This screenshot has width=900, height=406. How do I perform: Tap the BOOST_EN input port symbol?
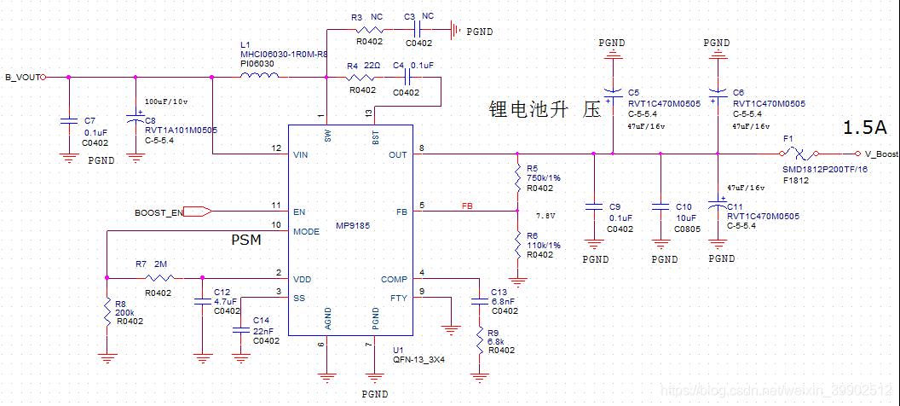[x=197, y=212]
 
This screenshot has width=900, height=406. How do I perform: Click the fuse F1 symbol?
[x=798, y=154]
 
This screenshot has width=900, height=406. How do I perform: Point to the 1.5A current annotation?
[x=864, y=128]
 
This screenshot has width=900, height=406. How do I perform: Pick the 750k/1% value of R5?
[x=543, y=178]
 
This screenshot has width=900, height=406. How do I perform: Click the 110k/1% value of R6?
[x=543, y=245]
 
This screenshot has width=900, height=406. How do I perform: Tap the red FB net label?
[x=467, y=206]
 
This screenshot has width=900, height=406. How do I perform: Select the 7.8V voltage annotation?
[x=545, y=216]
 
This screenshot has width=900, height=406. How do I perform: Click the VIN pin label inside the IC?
[x=299, y=154]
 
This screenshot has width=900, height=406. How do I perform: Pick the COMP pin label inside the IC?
[x=394, y=279]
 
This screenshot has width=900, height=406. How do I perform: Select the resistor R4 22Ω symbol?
[x=362, y=78]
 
